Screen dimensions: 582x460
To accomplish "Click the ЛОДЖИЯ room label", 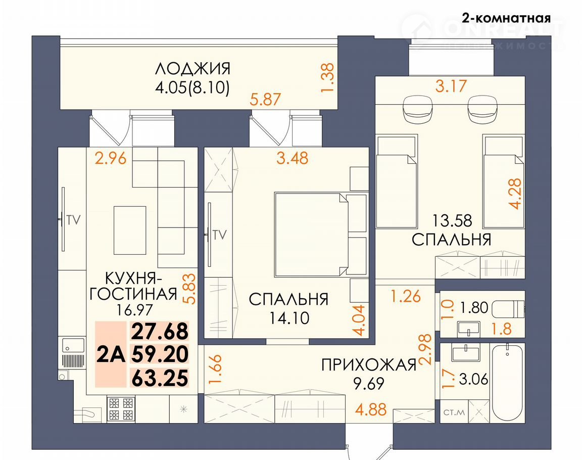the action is pyautogui.click(x=192, y=69).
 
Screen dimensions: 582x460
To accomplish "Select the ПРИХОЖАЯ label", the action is pyautogui.click(x=369, y=365).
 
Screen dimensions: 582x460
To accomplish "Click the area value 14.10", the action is pyautogui.click(x=289, y=318).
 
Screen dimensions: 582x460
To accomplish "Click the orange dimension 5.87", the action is pyautogui.click(x=265, y=100).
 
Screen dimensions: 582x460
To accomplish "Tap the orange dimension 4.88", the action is pyautogui.click(x=371, y=410).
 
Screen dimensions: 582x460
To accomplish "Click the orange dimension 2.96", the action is pyautogui.click(x=111, y=158).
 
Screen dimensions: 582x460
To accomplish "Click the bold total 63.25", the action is pyautogui.click(x=160, y=378).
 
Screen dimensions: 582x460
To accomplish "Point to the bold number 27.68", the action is pyautogui.click(x=160, y=332).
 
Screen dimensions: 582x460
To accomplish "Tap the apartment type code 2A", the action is pyautogui.click(x=111, y=355).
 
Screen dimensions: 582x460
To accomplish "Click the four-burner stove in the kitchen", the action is pyautogui.click(x=120, y=409).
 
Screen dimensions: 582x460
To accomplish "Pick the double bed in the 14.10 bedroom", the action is pyautogui.click(x=311, y=234).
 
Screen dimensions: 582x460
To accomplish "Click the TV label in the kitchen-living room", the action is pyautogui.click(x=74, y=220).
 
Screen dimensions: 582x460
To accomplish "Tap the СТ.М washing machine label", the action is pyautogui.click(x=454, y=412).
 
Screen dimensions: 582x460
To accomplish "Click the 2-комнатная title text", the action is pyautogui.click(x=506, y=18).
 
